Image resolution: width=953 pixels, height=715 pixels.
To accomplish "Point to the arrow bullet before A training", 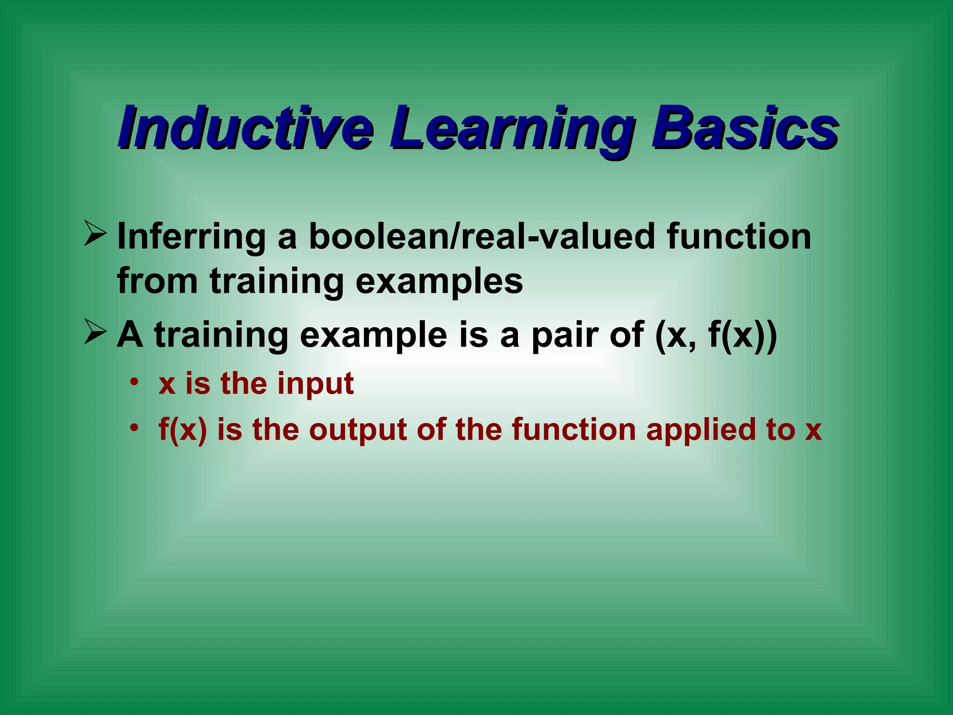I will pyautogui.click(x=95, y=334).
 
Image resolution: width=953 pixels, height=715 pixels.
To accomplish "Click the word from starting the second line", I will pyautogui.click(x=157, y=281).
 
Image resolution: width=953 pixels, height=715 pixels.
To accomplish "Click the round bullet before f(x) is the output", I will pyautogui.click(x=134, y=427).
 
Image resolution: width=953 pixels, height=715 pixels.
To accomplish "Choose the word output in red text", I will pyautogui.click(x=358, y=430).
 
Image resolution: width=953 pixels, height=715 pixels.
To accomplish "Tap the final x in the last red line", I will pyautogui.click(x=813, y=430).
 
